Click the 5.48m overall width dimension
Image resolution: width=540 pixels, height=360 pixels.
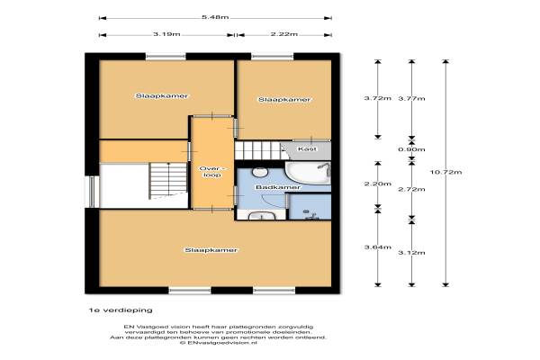pos(215,18)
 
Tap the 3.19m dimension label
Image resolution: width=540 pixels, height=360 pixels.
pos(166,34)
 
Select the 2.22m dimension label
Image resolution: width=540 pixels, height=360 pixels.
pos(284,34)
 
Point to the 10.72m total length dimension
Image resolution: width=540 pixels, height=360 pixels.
pos(446,172)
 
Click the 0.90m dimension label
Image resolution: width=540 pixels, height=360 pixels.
pos(411,149)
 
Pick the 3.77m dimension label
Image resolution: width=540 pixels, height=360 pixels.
pos(411,98)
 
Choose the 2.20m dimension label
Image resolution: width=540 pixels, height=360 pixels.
pos(378,184)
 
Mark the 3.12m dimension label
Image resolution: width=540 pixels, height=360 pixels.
pos(411,253)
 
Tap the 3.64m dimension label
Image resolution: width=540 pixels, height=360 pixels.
pos(378,247)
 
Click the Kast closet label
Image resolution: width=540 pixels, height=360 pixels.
pos(307,149)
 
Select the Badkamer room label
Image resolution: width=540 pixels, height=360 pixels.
pos(278,187)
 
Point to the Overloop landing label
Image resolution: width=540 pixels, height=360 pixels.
pos(212,172)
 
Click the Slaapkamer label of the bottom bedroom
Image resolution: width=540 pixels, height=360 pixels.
pos(211,250)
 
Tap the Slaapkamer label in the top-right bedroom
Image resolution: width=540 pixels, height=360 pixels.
pos(284,100)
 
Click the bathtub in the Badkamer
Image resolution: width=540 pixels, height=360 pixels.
pos(308,174)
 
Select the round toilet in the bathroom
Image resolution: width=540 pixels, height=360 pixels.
pos(260,172)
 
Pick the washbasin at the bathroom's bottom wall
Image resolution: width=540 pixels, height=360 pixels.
pos(262,216)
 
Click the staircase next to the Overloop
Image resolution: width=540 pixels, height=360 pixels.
pos(168,181)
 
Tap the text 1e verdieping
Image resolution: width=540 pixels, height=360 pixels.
pos(121,310)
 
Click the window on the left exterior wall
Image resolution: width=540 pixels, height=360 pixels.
pos(92,192)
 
